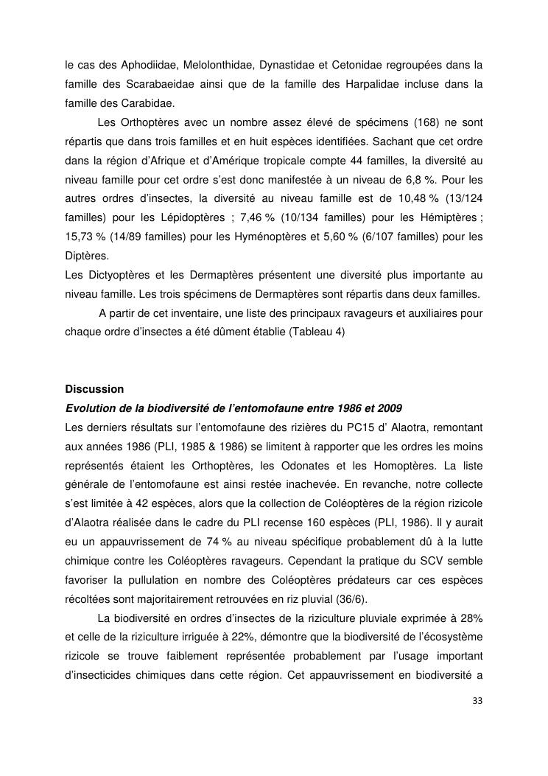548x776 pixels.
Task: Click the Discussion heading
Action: tap(94, 389)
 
